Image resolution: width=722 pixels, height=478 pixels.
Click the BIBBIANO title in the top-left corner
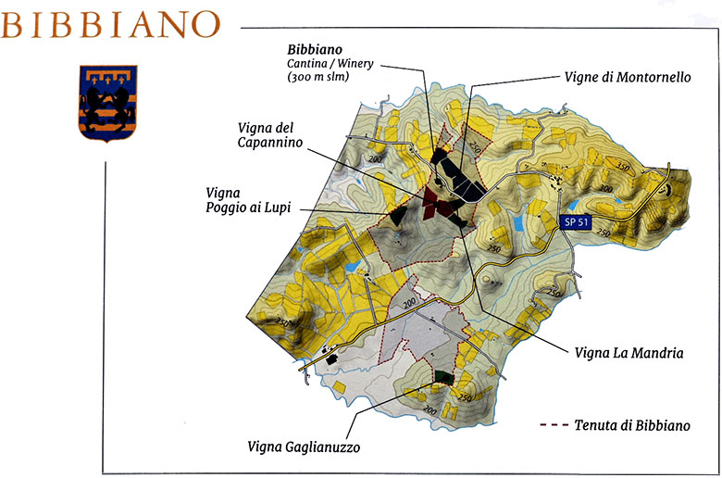pyautogui.click(x=111, y=24)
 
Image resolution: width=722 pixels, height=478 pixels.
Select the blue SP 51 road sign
pyautogui.click(x=576, y=221)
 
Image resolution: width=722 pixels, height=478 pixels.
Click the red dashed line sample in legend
pyautogui.click(x=553, y=426)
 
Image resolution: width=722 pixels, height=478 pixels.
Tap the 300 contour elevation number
pyautogui.click(x=604, y=188)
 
